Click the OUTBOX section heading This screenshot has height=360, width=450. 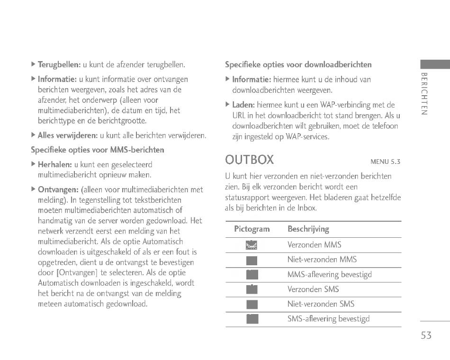click(x=249, y=159)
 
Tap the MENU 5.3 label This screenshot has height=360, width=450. click(x=385, y=162)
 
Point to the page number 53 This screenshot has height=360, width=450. click(x=425, y=335)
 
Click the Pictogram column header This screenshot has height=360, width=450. click(x=252, y=229)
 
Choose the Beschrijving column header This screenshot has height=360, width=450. click(x=308, y=229)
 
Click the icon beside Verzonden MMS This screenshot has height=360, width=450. click(x=252, y=245)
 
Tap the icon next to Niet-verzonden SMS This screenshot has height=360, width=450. click(x=252, y=304)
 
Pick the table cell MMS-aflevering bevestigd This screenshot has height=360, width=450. click(x=329, y=275)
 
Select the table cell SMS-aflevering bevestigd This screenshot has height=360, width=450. click(x=328, y=319)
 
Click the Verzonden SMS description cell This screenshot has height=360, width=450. click(x=313, y=289)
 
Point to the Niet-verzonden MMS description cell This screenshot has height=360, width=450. click(x=322, y=260)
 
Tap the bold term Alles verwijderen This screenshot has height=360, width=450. click(x=67, y=136)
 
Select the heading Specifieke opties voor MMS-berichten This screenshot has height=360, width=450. click(x=97, y=150)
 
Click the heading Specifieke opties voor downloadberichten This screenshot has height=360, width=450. click(x=298, y=64)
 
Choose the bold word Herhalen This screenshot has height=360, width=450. click(x=54, y=165)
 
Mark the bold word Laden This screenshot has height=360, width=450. click(x=243, y=105)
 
